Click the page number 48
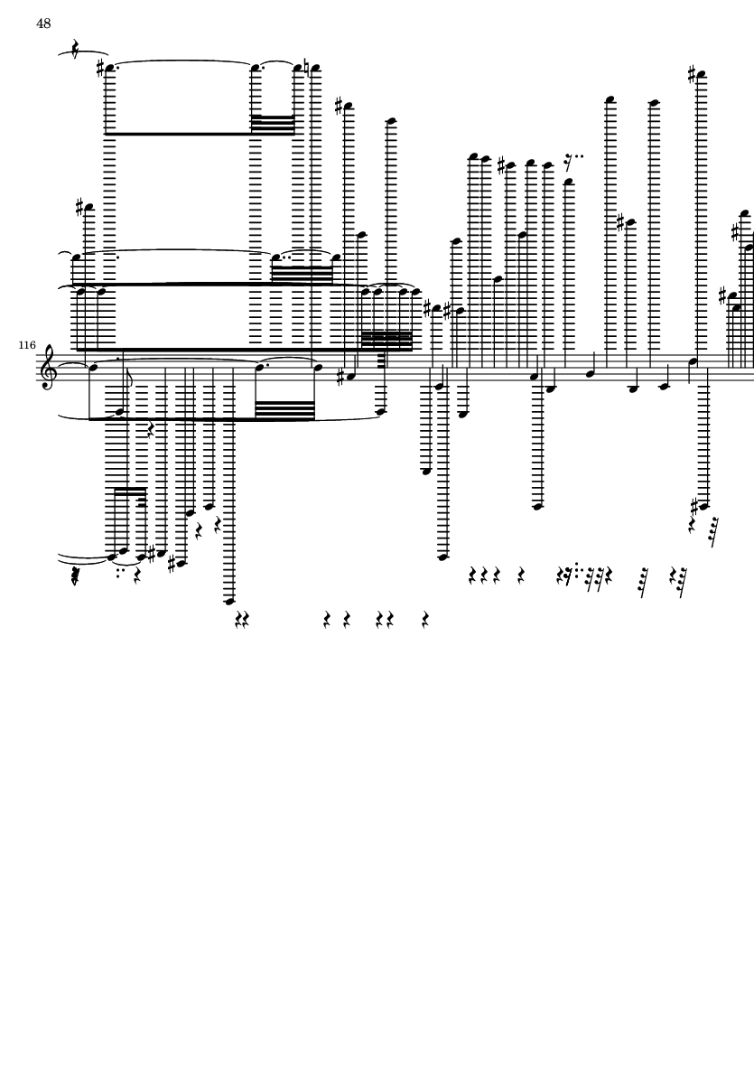click(43, 23)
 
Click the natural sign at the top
click(310, 69)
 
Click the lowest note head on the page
click(229, 600)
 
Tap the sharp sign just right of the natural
click(339, 107)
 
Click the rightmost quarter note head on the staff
click(693, 361)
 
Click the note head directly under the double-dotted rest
click(568, 182)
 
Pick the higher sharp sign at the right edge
click(735, 233)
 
